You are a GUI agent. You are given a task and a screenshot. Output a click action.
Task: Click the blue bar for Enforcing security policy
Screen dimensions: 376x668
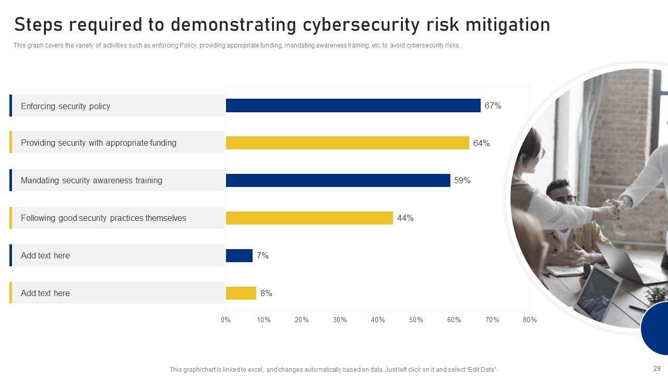tap(353, 105)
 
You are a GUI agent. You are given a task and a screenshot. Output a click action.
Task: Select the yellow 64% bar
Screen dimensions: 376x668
tap(347, 143)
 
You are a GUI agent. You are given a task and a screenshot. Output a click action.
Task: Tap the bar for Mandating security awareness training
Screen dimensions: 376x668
tap(338, 181)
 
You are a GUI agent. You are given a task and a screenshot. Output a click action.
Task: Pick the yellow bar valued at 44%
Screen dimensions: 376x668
tap(309, 218)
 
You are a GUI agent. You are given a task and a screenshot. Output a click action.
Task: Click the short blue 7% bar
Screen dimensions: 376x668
tap(239, 256)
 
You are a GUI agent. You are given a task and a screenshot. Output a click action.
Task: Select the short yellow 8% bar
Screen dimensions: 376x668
tap(241, 293)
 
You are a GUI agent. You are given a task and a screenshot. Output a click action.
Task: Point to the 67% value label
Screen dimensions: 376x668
tap(493, 106)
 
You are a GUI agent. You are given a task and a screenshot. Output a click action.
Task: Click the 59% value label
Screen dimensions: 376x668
tap(462, 181)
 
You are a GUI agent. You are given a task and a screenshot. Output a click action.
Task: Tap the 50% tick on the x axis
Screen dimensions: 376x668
tap(416, 320)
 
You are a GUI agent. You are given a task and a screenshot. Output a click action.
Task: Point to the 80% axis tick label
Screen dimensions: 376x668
tap(530, 320)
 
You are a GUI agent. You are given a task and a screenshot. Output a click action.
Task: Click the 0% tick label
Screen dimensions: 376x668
tap(225, 320)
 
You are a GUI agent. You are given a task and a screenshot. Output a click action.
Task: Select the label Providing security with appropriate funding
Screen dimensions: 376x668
tap(99, 143)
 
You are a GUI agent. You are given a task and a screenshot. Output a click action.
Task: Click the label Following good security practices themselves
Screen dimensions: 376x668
tap(103, 218)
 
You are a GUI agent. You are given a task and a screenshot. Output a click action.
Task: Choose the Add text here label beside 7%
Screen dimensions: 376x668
tap(45, 256)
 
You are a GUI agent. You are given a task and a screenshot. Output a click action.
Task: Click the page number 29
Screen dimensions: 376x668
tap(657, 368)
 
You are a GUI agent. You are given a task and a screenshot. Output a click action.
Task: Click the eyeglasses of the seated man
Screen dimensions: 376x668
tap(568, 199)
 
